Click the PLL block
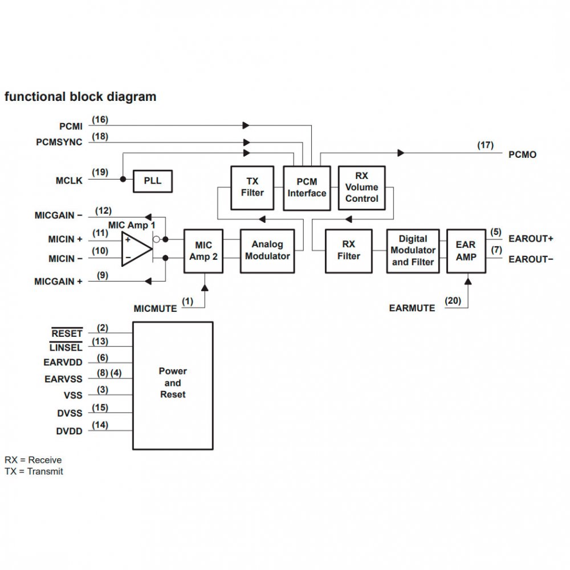point(152,181)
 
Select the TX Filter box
point(252,187)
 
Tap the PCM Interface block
point(307,188)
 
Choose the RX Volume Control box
point(361,188)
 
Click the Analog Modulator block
point(267,250)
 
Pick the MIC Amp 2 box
point(203,251)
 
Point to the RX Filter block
point(348,250)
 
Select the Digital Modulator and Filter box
point(413,250)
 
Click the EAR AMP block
point(466,250)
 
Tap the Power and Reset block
point(173,385)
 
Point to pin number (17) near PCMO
point(485,145)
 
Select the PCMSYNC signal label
point(59,142)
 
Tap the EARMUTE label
point(412,308)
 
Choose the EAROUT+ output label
point(531,238)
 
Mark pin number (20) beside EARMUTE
point(453,300)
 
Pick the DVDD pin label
point(69,431)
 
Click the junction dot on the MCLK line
point(123,179)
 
